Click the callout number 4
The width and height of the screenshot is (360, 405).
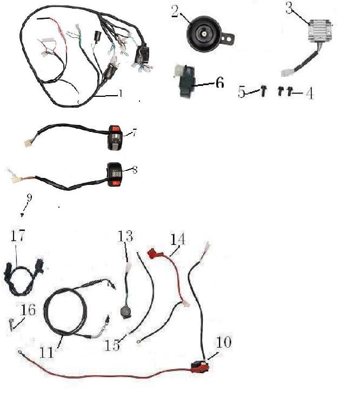(x=309, y=93)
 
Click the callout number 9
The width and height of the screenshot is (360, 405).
(x=29, y=198)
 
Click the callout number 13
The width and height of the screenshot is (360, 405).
(x=125, y=236)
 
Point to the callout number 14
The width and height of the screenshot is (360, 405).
(x=177, y=238)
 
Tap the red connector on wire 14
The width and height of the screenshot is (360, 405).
(x=155, y=253)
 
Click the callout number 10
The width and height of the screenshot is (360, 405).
(x=224, y=342)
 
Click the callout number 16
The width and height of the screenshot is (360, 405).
(x=28, y=310)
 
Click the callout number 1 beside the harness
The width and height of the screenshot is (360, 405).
(x=120, y=94)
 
